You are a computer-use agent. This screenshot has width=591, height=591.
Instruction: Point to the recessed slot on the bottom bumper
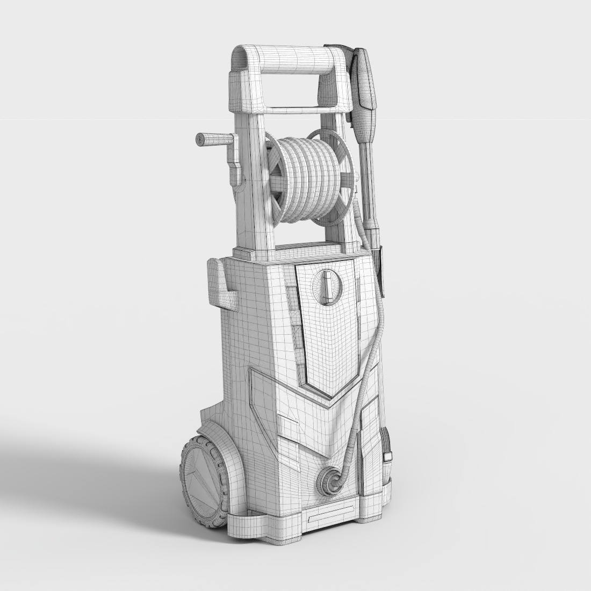point(328,517)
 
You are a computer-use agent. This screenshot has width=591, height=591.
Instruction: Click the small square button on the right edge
point(388,456)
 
